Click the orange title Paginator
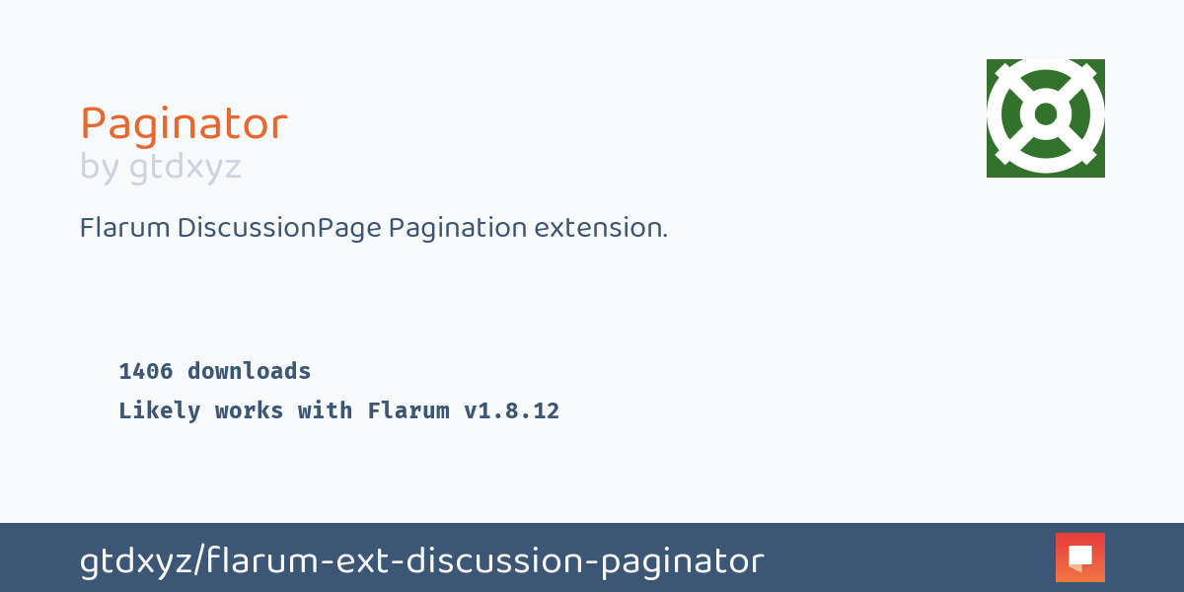click(184, 125)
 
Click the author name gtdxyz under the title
click(185, 168)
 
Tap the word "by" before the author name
click(100, 167)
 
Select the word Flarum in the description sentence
click(124, 228)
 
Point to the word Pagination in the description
click(458, 228)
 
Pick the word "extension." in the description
click(601, 228)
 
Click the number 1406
click(146, 372)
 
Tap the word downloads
click(250, 372)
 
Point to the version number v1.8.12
click(511, 411)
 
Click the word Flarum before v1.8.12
click(408, 411)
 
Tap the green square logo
click(1045, 118)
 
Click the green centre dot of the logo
click(1046, 115)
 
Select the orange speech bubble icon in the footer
click(1080, 557)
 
